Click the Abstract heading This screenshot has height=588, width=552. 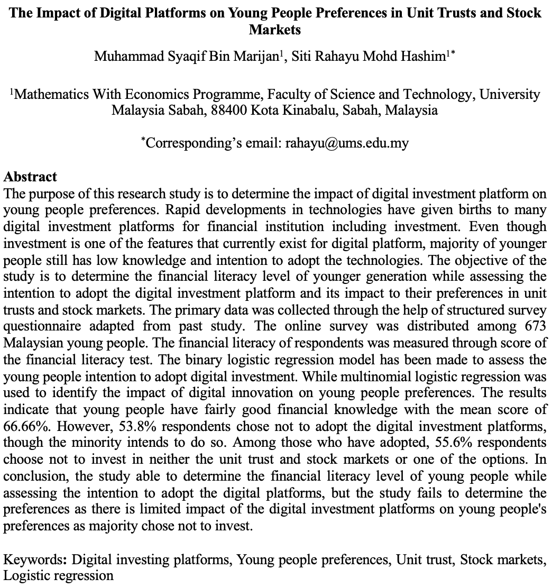pos(30,177)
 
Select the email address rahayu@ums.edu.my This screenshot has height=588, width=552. pos(347,143)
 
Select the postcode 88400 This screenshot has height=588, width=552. pos(229,111)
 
